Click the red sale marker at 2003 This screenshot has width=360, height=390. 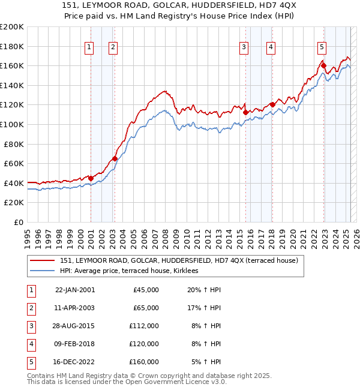[115, 159]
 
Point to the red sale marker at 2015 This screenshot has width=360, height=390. [245, 112]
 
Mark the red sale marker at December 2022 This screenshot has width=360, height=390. [323, 65]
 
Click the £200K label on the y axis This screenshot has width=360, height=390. [11, 27]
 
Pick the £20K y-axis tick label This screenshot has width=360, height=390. [14, 203]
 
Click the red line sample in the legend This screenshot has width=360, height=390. [42, 260]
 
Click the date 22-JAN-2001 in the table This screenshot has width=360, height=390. [74, 290]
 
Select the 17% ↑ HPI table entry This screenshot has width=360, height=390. [203, 308]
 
